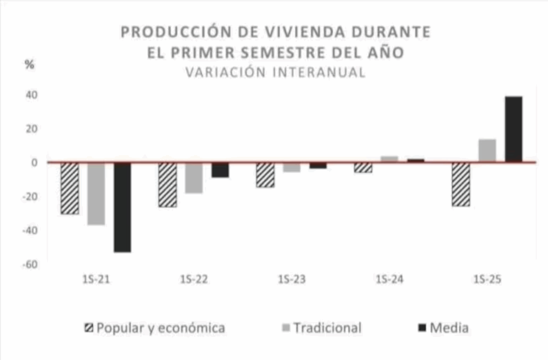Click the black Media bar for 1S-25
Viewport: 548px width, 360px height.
coord(513,129)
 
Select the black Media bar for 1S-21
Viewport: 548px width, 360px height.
coord(122,207)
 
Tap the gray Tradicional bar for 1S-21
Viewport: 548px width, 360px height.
coord(96,194)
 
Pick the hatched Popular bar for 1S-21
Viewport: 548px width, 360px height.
coord(70,188)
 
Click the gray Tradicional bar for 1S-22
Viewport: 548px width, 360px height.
coord(194,178)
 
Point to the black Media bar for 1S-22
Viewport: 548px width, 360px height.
coord(220,170)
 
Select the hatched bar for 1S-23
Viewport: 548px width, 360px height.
coord(265,175)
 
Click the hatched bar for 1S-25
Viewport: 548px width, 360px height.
coord(461,185)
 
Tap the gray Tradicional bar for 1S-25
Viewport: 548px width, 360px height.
coord(487,150)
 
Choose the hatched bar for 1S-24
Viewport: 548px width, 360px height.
coord(363,167)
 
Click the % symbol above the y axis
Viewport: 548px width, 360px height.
coord(29,65)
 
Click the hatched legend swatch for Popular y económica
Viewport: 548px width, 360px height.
coord(89,328)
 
